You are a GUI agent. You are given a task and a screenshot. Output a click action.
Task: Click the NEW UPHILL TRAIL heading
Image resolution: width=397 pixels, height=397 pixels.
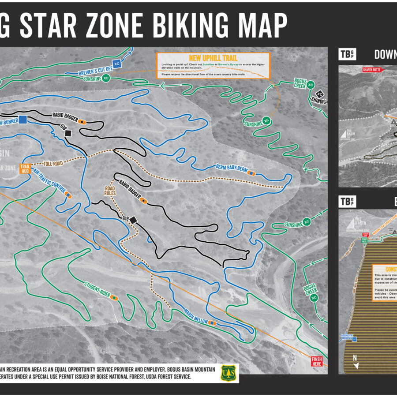point(213,58)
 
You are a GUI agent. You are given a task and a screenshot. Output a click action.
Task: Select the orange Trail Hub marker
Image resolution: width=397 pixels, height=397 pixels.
point(24,169)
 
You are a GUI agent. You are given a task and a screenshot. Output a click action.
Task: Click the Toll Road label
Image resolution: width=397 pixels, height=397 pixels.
point(52,163)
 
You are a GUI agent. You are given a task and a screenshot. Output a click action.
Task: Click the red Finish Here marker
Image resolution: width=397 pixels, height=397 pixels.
point(317,361)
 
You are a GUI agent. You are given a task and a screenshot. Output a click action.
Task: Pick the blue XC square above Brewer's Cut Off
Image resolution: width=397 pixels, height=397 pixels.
point(117,64)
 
